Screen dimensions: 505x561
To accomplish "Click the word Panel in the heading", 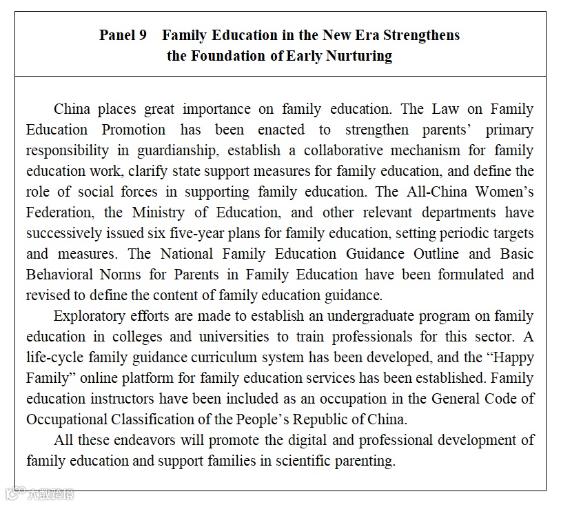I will pyautogui.click(x=118, y=36).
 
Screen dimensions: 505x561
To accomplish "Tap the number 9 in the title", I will pyautogui.click(x=143, y=36).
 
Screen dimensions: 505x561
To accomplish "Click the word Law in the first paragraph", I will pyautogui.click(x=446, y=110).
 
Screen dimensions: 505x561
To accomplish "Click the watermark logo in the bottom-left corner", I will pyautogui.click(x=38, y=493).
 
